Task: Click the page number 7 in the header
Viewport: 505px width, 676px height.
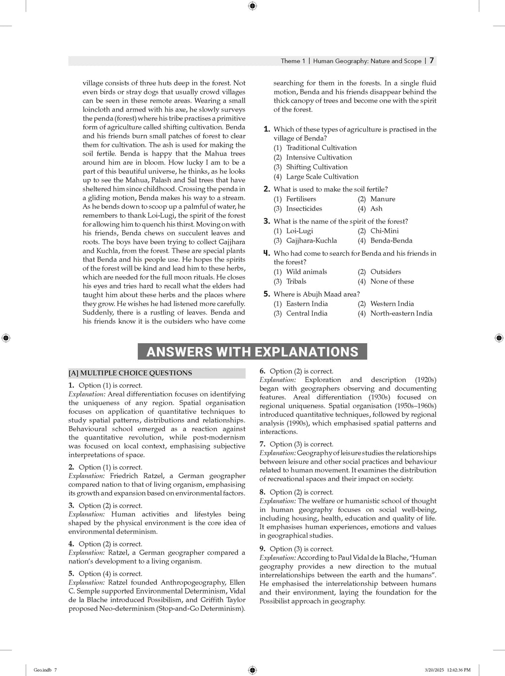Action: [x=432, y=61]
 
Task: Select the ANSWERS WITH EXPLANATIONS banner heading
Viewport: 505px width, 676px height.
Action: [x=252, y=352]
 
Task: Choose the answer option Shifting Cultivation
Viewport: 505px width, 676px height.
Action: [x=317, y=167]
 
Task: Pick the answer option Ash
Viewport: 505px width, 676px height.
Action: [x=376, y=209]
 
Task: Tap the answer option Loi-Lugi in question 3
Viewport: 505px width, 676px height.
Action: [x=299, y=231]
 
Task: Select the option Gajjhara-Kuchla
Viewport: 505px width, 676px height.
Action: [x=311, y=240]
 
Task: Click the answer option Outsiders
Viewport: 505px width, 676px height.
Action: [x=385, y=272]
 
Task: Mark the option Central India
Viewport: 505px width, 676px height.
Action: [x=306, y=314]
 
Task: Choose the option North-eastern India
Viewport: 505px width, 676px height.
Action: [x=401, y=314]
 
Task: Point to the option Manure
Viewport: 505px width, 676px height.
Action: [x=383, y=199]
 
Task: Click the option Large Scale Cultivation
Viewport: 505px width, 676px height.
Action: [x=322, y=177]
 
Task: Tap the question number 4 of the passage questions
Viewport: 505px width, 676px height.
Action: [x=266, y=253]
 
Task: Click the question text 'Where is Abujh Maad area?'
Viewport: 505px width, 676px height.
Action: [x=317, y=294]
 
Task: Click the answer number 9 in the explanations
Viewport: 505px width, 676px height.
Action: [x=262, y=549]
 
